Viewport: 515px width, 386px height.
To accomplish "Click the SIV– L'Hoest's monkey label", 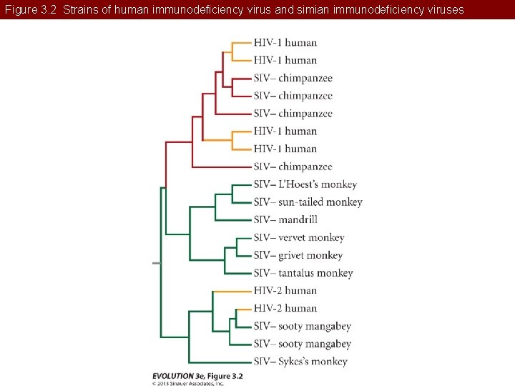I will (x=305, y=184).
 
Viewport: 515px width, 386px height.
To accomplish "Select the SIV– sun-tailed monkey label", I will (x=308, y=202).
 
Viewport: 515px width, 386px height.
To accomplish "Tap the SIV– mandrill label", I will (x=285, y=219).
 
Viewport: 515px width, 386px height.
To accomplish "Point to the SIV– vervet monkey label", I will (x=298, y=237).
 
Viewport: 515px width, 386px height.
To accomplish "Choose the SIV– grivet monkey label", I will (x=298, y=255).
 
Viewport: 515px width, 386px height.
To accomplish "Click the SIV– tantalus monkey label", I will (x=303, y=273).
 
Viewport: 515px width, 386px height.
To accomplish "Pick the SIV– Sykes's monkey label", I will (x=300, y=361).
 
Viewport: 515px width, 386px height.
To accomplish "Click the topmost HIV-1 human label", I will (x=285, y=43).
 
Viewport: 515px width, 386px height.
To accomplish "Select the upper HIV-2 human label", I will (x=285, y=290).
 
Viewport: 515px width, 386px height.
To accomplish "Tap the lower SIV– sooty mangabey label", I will (x=302, y=344).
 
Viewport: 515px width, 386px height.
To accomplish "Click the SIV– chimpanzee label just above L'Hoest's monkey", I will (x=293, y=167).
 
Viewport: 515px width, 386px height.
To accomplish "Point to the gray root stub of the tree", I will (x=157, y=263).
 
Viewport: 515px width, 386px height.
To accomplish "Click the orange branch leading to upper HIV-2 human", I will (x=232, y=291).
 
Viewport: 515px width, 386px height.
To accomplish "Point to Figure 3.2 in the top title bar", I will (x=28, y=9).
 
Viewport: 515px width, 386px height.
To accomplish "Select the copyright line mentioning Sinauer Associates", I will (x=188, y=383).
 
